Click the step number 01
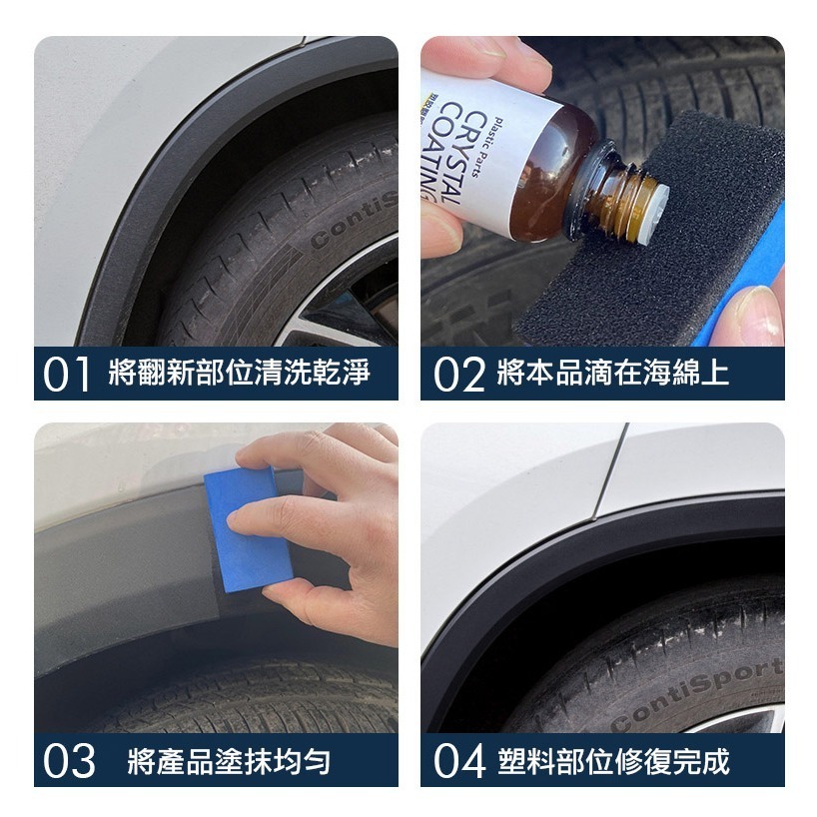coord(66,375)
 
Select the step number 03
coord(69,761)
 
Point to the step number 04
coord(459,761)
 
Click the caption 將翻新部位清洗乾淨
coord(239,373)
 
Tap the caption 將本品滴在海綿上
coord(613,373)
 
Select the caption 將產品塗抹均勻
coord(229,762)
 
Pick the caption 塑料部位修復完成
coord(613,762)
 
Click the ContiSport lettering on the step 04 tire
coord(698,693)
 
